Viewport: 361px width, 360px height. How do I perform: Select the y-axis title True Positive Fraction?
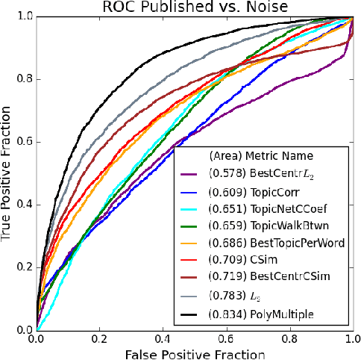(x=9, y=173)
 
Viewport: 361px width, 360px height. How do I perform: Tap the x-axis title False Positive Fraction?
(x=195, y=353)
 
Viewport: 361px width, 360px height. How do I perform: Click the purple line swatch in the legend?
(x=190, y=177)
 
